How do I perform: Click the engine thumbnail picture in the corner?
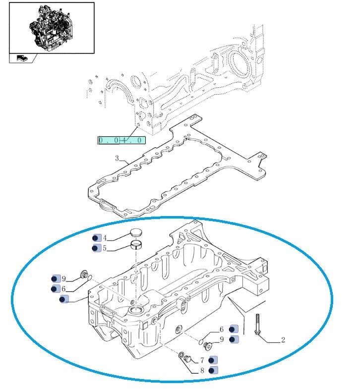pos(52,27)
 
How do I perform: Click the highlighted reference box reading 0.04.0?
pos(121,140)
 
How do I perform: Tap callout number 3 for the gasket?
pos(117,159)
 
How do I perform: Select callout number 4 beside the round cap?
pos(105,237)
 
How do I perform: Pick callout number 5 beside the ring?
pos(105,248)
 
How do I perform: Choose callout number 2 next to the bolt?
pos(283,340)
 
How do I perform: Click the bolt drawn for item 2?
pos(257,325)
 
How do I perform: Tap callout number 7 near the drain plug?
pos(202,360)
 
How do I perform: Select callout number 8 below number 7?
pos(202,370)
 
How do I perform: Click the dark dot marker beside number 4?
pos(96,237)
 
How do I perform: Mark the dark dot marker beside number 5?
pos(96,248)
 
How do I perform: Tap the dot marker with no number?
pos(63,299)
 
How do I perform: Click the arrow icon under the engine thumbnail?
pos(22,58)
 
